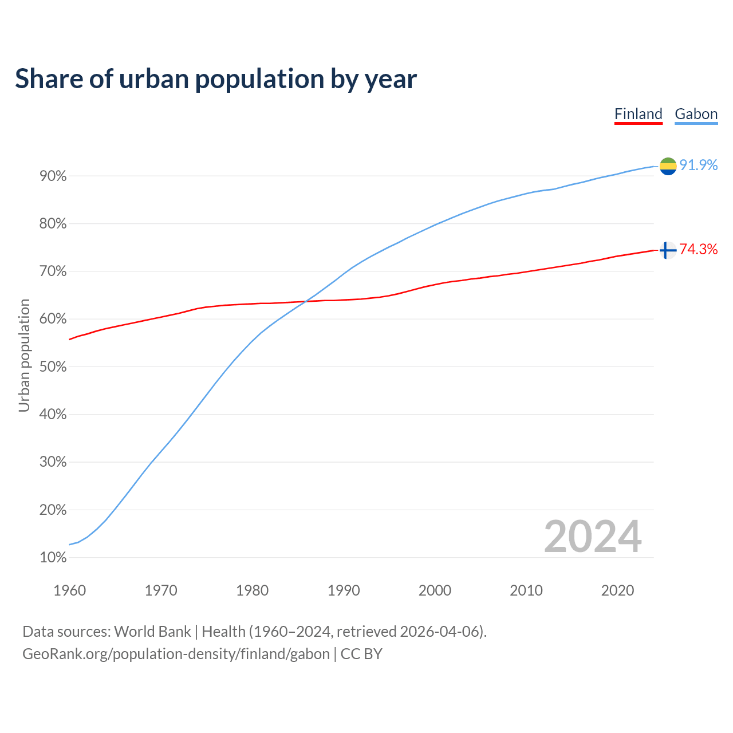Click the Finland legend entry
(x=638, y=114)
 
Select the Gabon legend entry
(x=696, y=114)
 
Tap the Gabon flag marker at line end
(x=668, y=166)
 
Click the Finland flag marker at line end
(x=668, y=250)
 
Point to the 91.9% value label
(x=698, y=165)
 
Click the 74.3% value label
(x=698, y=249)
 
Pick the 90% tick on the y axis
(x=53, y=176)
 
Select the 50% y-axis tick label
(x=53, y=367)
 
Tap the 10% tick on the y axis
(x=53, y=558)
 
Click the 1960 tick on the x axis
(x=69, y=590)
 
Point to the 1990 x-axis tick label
(x=344, y=590)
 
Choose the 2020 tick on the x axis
(x=617, y=590)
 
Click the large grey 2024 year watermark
(x=593, y=537)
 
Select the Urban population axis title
(x=24, y=355)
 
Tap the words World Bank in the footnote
(x=152, y=632)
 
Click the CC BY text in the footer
(x=361, y=654)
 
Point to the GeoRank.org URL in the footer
(x=176, y=654)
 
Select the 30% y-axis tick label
(x=53, y=462)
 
